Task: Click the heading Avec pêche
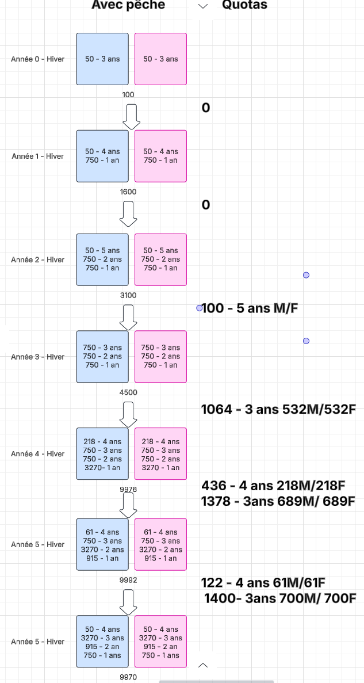tap(128, 5)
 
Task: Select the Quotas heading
tap(244, 5)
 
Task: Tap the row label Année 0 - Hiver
tap(38, 59)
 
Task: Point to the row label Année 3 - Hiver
tap(38, 357)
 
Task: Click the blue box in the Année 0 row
tap(102, 59)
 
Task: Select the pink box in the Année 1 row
tap(160, 156)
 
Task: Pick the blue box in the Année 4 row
tap(102, 454)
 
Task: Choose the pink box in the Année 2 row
tap(160, 260)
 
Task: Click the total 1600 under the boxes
tap(128, 192)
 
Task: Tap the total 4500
tap(128, 393)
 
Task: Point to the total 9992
tap(128, 581)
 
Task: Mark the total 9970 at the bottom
tap(128, 677)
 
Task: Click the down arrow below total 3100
tap(129, 315)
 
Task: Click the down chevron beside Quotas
tap(202, 6)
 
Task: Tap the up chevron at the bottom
tap(202, 665)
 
